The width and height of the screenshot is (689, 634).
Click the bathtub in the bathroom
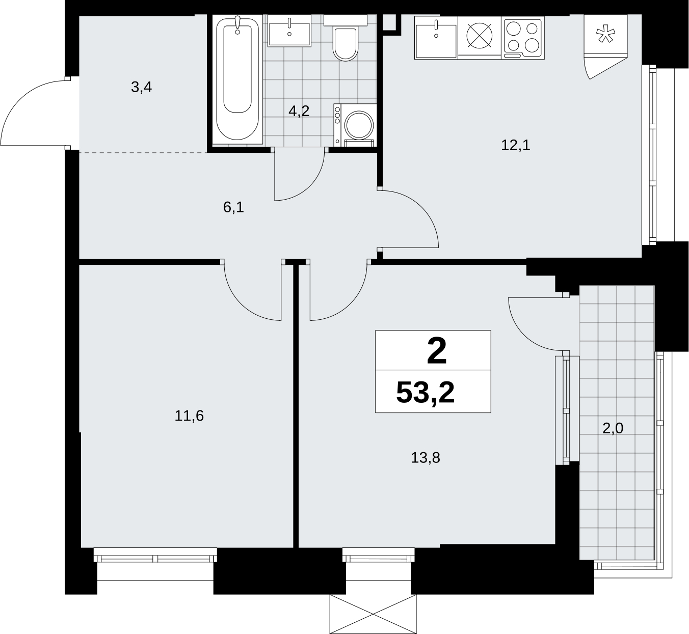tap(237, 79)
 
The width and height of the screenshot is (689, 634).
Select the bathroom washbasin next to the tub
tap(289, 31)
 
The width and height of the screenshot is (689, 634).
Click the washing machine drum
tap(359, 125)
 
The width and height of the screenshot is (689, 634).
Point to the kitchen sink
tap(436, 37)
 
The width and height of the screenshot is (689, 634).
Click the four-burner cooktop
tap(523, 37)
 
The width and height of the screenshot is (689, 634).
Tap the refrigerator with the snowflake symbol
tap(605, 34)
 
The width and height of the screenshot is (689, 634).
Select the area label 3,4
tap(141, 87)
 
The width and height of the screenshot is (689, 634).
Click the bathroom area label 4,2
tap(299, 111)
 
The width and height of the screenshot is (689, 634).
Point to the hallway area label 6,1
tap(233, 207)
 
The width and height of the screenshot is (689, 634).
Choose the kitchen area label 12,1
tap(516, 145)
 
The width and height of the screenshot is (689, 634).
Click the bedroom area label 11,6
tap(189, 416)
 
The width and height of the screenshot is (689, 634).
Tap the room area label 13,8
tap(425, 458)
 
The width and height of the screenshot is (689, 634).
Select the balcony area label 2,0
tap(613, 428)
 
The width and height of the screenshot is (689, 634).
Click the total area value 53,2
tap(425, 393)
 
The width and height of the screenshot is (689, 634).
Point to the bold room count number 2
tap(437, 351)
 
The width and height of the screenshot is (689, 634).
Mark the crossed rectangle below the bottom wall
tap(373, 615)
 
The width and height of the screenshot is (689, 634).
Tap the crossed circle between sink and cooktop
tap(480, 35)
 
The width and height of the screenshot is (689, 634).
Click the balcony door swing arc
tap(524, 335)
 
